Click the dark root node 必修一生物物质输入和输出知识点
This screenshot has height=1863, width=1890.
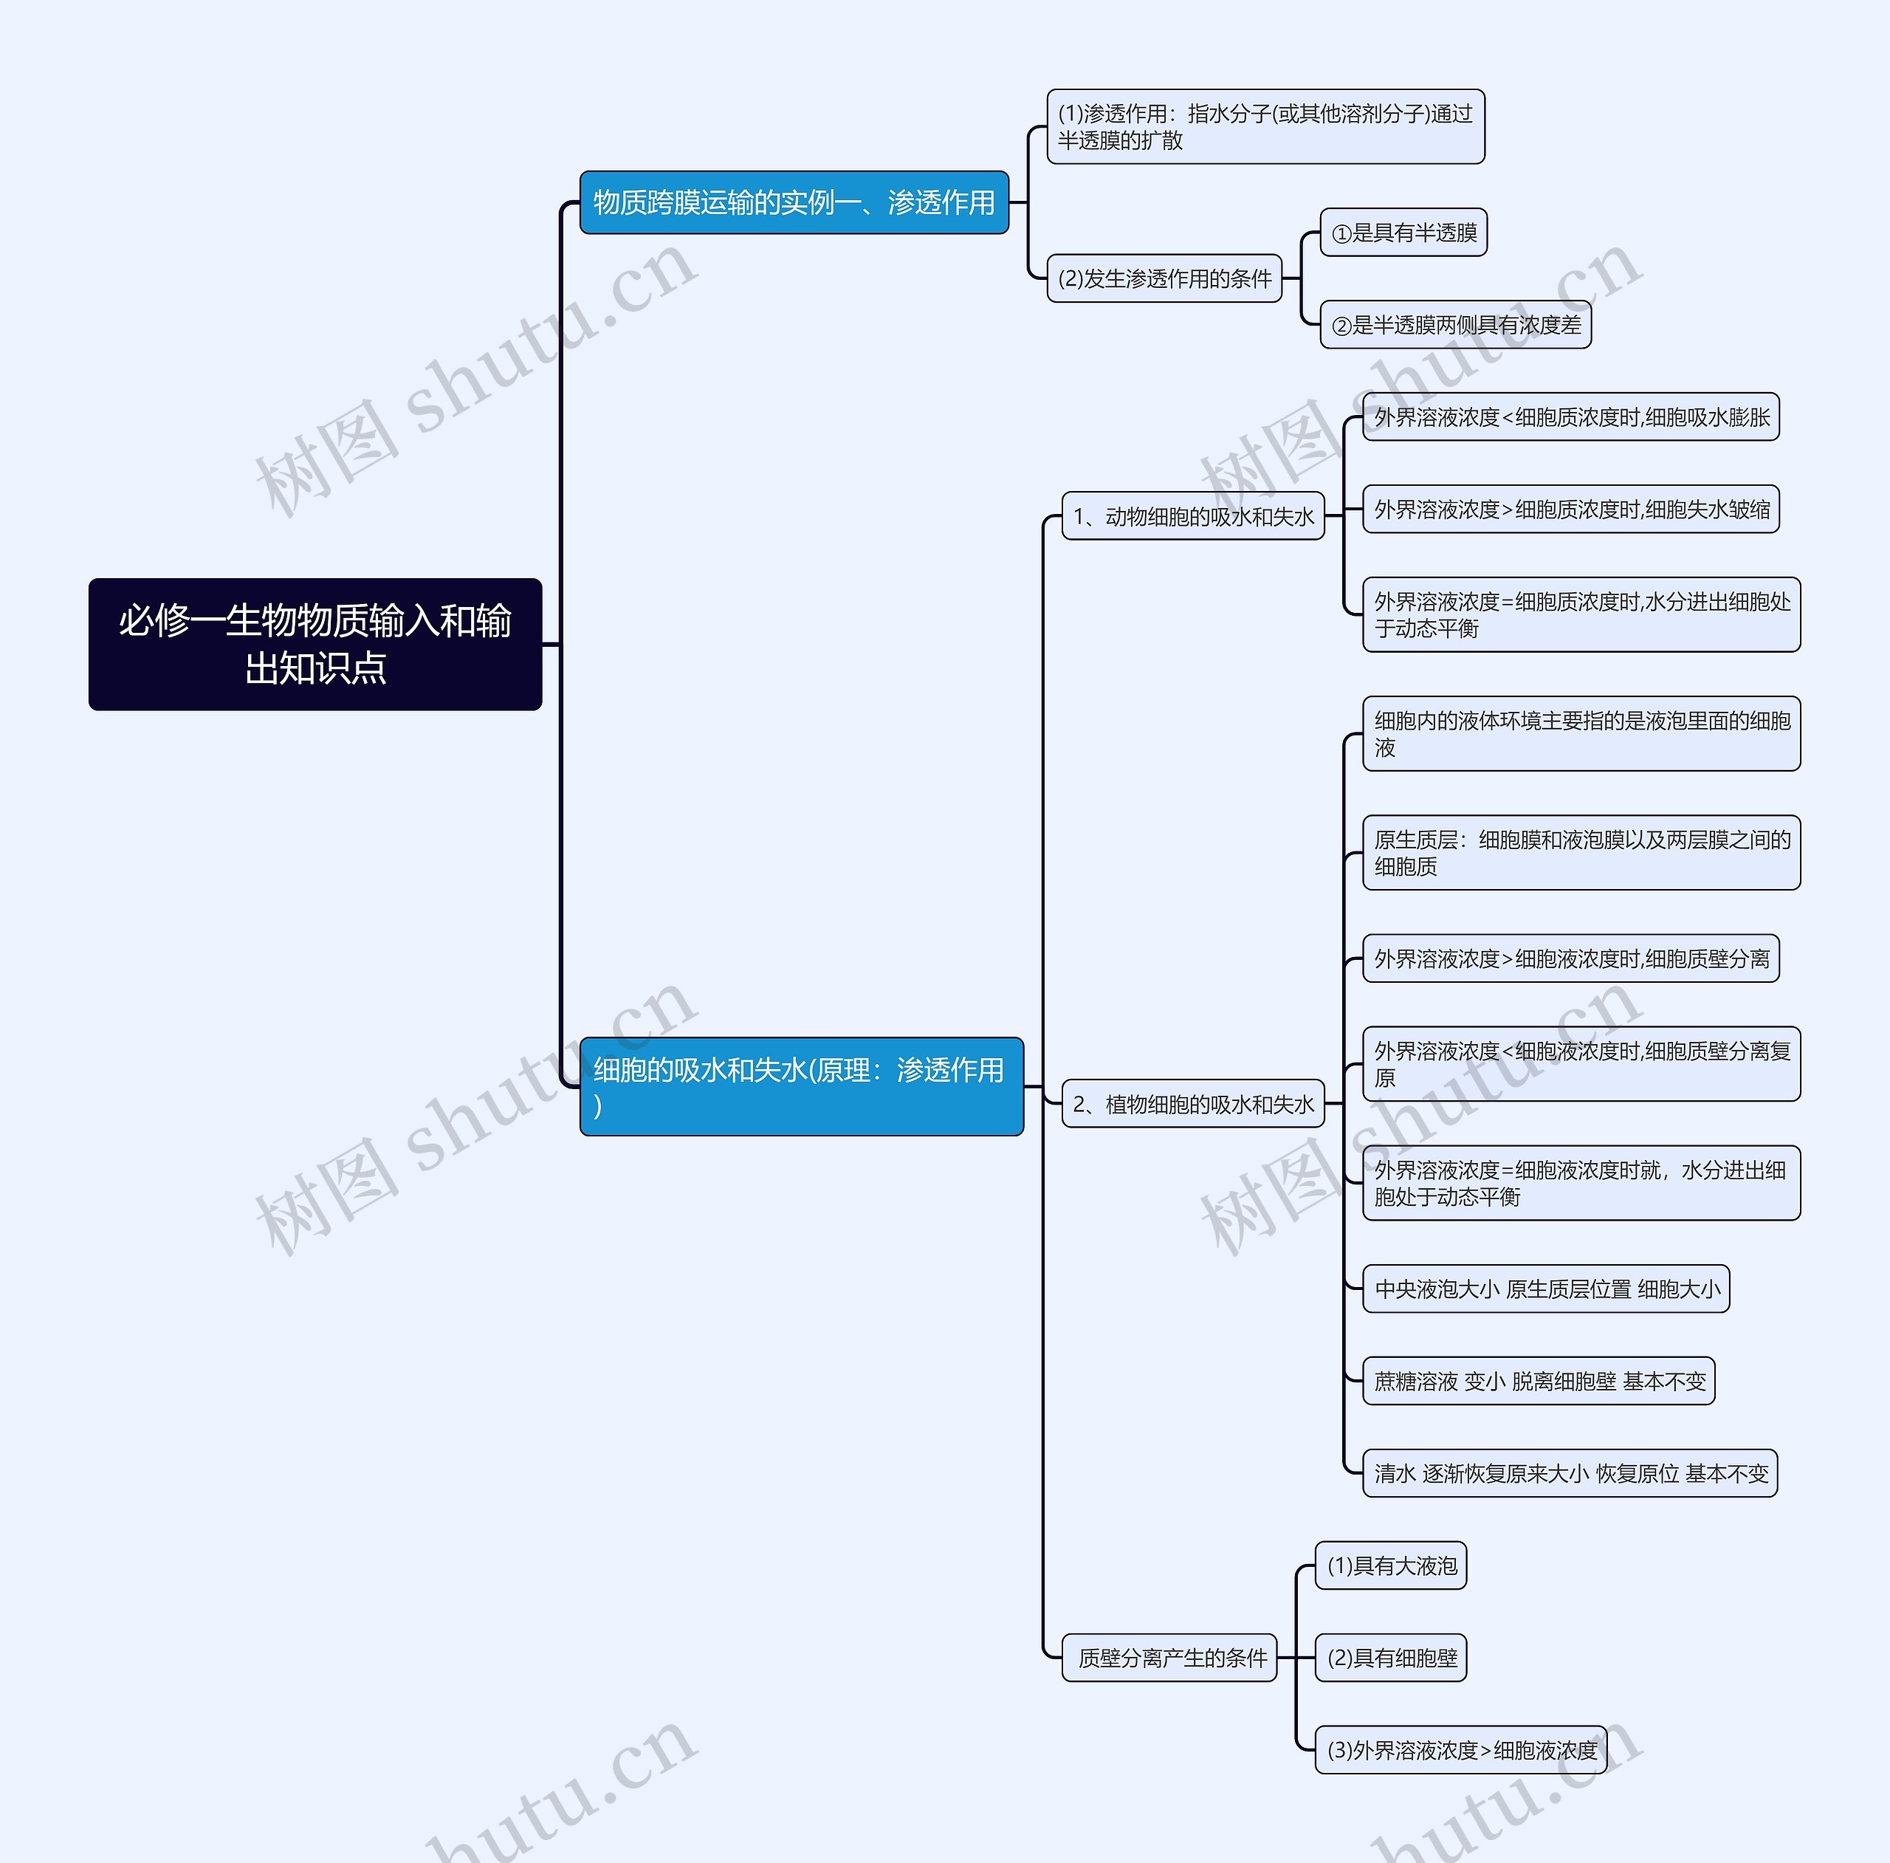coord(315,644)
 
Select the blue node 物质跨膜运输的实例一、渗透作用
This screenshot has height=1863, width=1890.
coord(794,202)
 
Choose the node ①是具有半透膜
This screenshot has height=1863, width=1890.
coord(1403,232)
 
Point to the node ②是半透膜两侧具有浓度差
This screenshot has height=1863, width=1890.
coord(1456,325)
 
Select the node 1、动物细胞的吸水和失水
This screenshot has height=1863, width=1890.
coord(1194,515)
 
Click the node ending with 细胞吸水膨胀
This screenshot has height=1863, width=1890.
coord(1571,416)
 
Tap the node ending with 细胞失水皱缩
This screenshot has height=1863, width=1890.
coord(1571,509)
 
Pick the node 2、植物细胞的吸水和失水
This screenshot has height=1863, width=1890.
coord(1194,1104)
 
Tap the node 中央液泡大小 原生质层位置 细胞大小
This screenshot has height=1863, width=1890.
coord(1546,1289)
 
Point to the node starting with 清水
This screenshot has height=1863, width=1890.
coord(1570,1472)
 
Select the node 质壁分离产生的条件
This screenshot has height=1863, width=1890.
coord(1170,1658)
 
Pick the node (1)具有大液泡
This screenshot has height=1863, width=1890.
coord(1391,1565)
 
